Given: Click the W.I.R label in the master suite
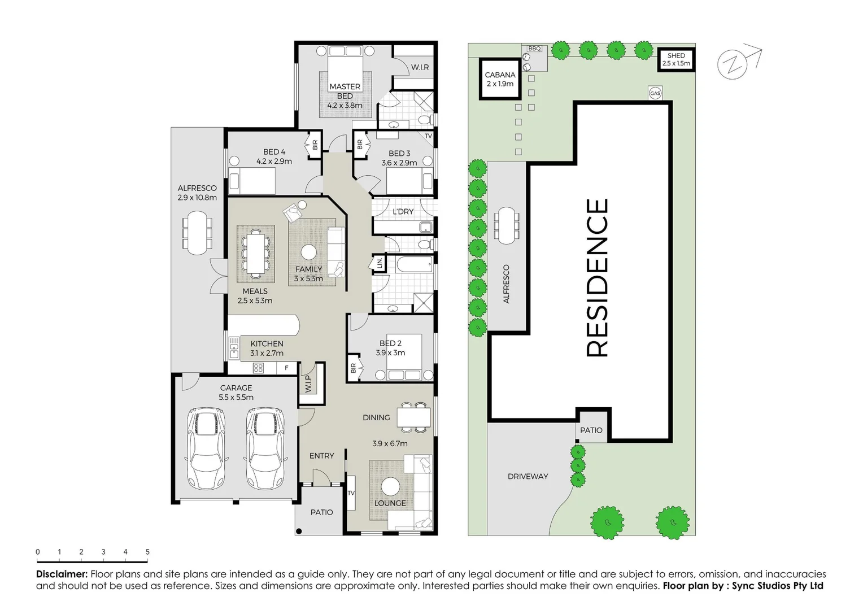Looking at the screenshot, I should [420, 67].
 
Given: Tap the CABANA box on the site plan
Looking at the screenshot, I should [500, 79].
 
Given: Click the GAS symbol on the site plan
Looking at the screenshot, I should [655, 93].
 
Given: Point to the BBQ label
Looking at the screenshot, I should [534, 49].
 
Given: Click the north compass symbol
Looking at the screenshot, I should [733, 64].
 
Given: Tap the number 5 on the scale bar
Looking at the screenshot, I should [147, 552].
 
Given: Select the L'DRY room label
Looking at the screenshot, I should [403, 211].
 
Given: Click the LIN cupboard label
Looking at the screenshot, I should [380, 263].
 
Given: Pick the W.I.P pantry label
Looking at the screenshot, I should [308, 384].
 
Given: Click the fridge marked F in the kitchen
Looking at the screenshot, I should [286, 368].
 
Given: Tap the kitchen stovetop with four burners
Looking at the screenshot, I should [258, 368].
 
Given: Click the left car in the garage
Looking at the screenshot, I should [206, 449].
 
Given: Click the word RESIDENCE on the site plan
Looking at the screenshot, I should [598, 277].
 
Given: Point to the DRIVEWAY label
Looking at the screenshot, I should [528, 476].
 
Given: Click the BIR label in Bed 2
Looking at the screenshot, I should [354, 368].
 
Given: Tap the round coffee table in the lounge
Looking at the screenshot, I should [390, 486].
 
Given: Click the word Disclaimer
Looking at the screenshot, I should [62, 574].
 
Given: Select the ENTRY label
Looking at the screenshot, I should [321, 456].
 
